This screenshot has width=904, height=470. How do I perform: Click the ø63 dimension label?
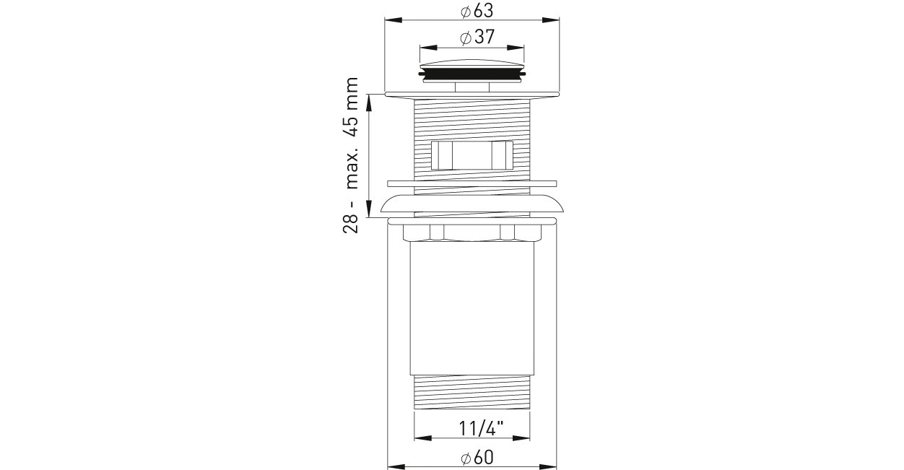(x=477, y=11)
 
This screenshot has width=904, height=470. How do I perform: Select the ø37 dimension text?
(x=477, y=37)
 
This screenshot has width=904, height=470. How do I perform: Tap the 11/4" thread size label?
(x=481, y=429)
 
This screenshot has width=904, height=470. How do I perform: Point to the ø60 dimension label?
(x=477, y=458)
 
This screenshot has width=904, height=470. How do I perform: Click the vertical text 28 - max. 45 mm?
(x=350, y=155)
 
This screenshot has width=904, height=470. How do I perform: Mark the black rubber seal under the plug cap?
(x=471, y=75)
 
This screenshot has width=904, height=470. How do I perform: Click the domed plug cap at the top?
(x=471, y=66)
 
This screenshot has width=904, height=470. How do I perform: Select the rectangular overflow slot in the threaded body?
(x=471, y=155)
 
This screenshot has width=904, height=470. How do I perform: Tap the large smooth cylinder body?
(x=471, y=308)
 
